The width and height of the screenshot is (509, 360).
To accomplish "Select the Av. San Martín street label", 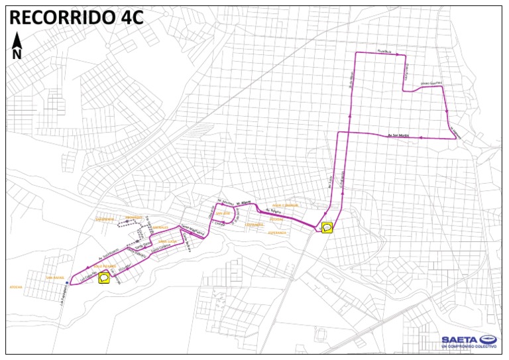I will pos(398,135).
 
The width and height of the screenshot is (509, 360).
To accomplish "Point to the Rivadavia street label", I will pos(386,51).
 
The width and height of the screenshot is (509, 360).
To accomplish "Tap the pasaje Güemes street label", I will pos(430,84).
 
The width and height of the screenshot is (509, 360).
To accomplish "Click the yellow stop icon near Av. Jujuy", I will pos(327,228).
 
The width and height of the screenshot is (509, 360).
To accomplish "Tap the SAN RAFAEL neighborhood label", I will pos(54,277).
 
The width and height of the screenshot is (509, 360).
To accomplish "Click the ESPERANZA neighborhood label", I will pos(277,233).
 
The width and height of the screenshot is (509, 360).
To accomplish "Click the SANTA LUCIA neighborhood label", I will pos(167,241).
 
